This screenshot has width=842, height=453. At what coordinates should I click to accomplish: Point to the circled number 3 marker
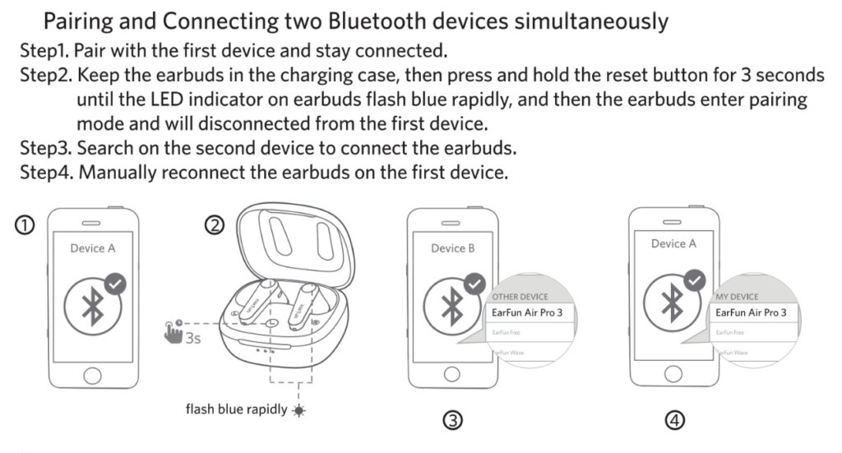[x=452, y=421]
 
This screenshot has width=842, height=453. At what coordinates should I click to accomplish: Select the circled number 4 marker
[x=674, y=421]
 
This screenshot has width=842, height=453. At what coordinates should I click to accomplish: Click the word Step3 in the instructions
[x=45, y=150]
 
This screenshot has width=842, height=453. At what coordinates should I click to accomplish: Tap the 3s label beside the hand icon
[x=194, y=337]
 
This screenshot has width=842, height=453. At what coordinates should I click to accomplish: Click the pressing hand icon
[x=174, y=335]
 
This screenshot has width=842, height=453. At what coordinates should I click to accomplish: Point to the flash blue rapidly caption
[x=236, y=409]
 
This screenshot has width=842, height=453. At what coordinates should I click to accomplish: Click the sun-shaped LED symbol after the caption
[x=298, y=409]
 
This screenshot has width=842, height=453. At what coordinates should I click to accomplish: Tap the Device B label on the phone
[x=453, y=248]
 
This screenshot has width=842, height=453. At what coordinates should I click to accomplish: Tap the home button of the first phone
[x=90, y=372]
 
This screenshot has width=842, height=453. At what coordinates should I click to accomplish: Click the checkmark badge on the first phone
[x=116, y=284]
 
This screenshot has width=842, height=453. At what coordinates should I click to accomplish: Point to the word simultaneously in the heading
[x=590, y=20]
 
